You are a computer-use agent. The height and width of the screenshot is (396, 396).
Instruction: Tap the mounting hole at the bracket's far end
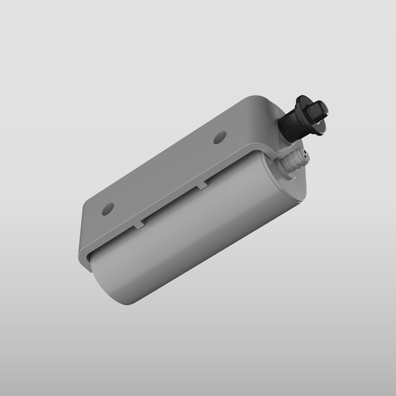pyautogui.click(x=108, y=210)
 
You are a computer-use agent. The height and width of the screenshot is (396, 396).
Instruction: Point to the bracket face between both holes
pyautogui.click(x=165, y=172)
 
